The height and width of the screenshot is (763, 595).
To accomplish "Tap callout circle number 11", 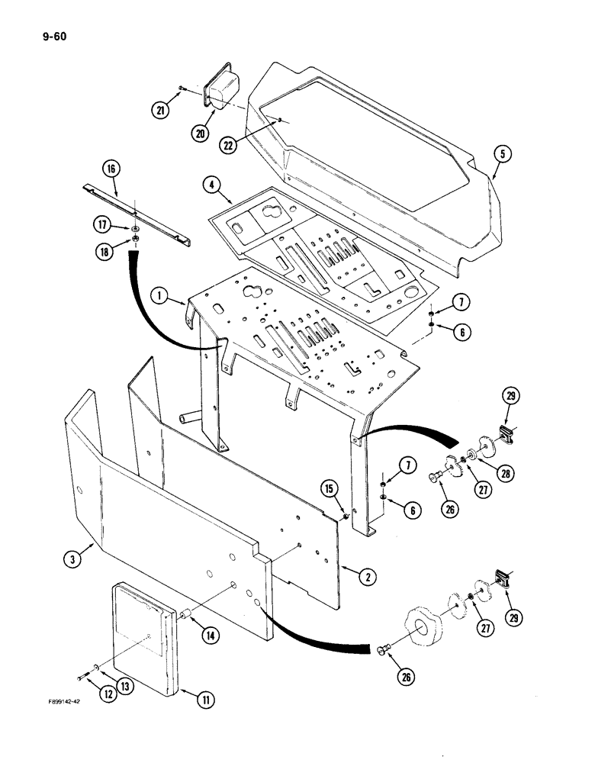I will point(204,699).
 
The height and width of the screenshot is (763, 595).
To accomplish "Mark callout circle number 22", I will point(226,143).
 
